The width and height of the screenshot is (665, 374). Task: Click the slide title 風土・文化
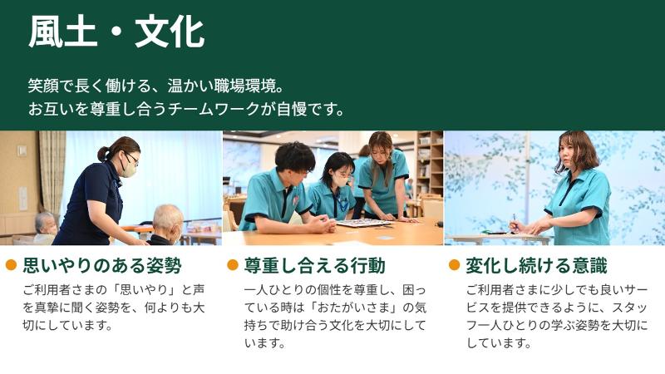click(116, 33)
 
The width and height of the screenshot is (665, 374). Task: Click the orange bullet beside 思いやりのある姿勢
click(12, 265)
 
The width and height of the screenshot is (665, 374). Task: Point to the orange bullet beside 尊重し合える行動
click(233, 265)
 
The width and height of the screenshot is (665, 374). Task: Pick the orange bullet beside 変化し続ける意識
click(454, 265)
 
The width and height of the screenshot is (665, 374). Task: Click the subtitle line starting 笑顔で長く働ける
click(156, 86)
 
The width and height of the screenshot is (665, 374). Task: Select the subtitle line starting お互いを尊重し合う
click(186, 109)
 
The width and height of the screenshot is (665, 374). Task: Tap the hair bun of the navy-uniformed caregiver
click(103, 153)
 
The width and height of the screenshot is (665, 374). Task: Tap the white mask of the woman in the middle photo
click(340, 179)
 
